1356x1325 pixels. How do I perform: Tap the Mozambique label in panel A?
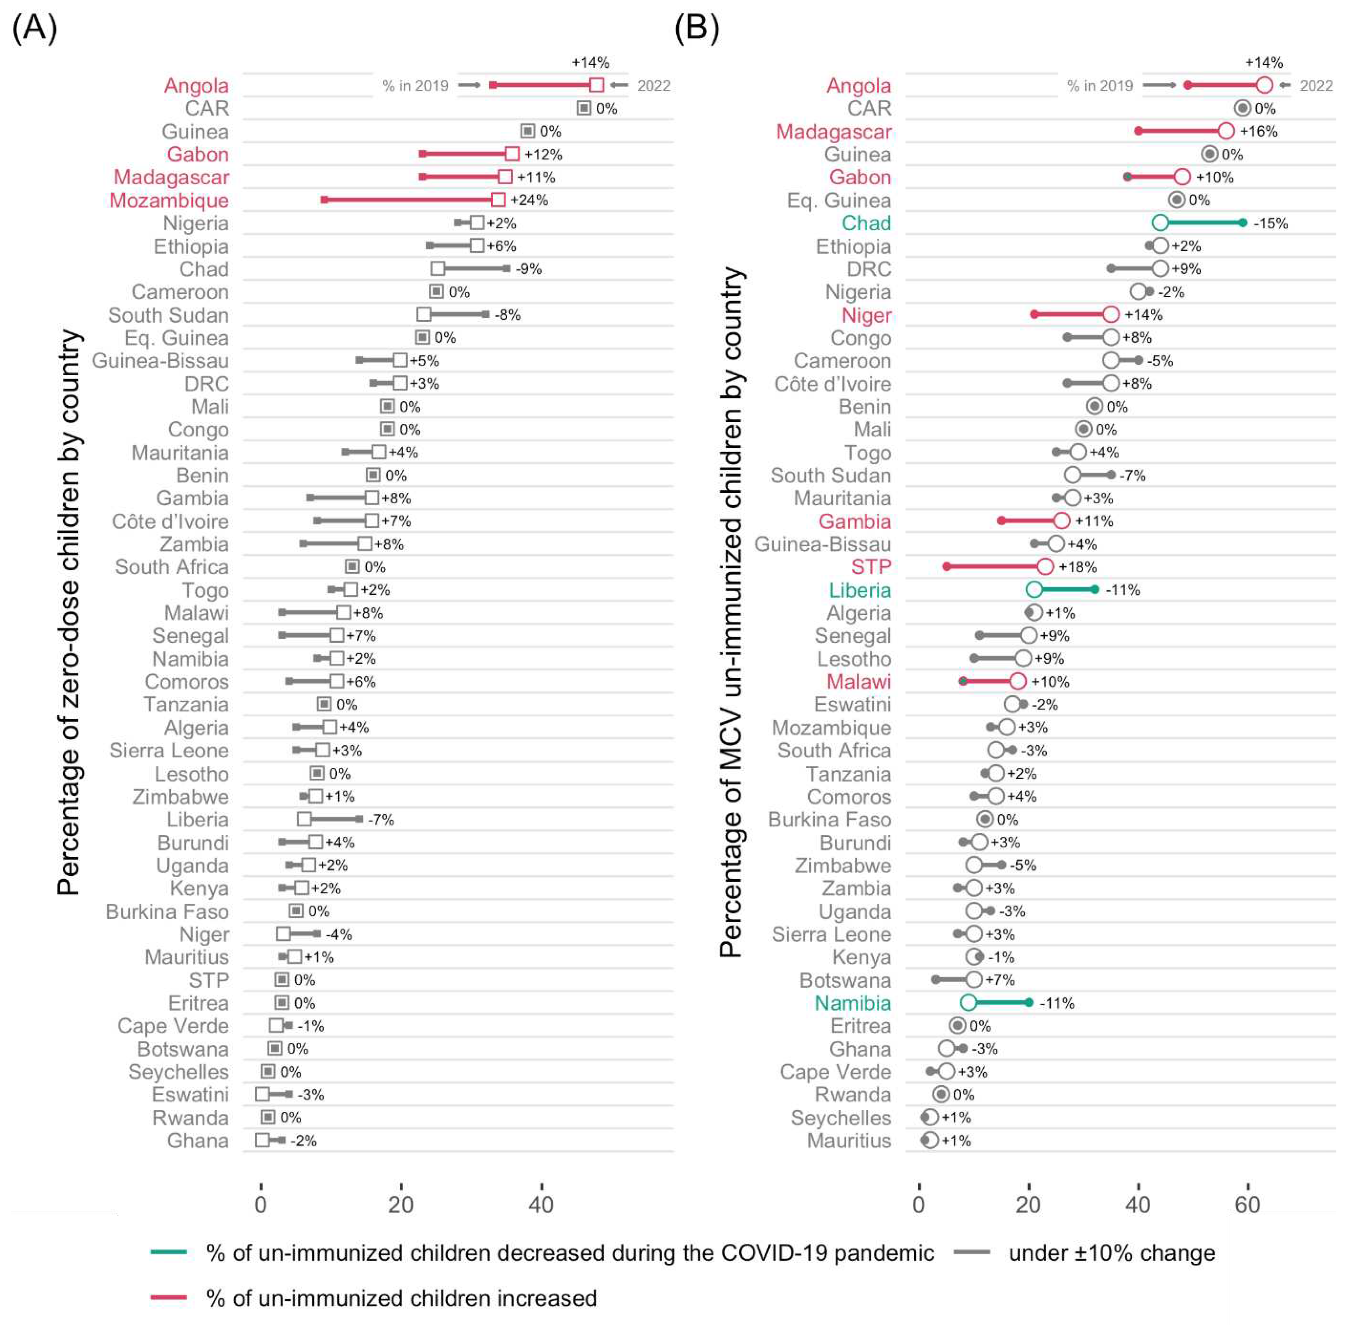(x=169, y=200)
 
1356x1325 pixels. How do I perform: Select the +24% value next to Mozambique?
(x=529, y=200)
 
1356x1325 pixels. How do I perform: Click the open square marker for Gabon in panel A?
(x=512, y=154)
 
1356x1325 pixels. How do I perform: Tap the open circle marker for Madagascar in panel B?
(x=1226, y=131)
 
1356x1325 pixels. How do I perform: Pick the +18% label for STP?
(x=1078, y=567)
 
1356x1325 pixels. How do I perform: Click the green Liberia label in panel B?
(x=860, y=590)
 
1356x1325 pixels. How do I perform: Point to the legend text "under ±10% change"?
(x=1112, y=1252)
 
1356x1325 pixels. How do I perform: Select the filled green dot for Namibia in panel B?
(x=1029, y=1003)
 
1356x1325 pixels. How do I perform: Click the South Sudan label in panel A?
(x=169, y=315)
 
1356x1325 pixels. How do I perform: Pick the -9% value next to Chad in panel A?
(x=528, y=269)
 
